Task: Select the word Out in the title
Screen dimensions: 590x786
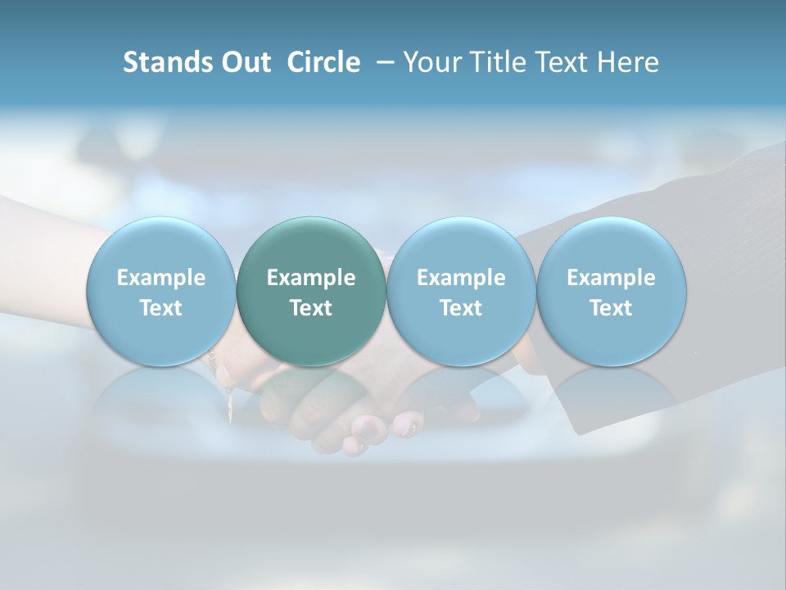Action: pyautogui.click(x=243, y=62)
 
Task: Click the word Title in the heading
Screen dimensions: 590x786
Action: pyautogui.click(x=495, y=62)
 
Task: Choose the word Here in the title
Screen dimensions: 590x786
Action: pyautogui.click(x=629, y=62)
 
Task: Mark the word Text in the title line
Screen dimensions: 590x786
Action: pyautogui.click(x=558, y=62)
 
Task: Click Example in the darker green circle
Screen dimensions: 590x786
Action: pyautogui.click(x=311, y=278)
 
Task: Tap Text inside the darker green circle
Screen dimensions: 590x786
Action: pyautogui.click(x=311, y=308)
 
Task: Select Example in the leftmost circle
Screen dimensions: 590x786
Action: pyautogui.click(x=160, y=278)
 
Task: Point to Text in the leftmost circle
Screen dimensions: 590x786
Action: pyautogui.click(x=160, y=308)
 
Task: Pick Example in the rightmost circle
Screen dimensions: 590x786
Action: pyautogui.click(x=611, y=278)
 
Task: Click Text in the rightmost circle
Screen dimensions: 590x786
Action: pyautogui.click(x=611, y=308)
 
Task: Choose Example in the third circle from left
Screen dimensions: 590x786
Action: pyautogui.click(x=461, y=278)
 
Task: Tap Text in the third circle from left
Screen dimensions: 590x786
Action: pyautogui.click(x=461, y=308)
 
